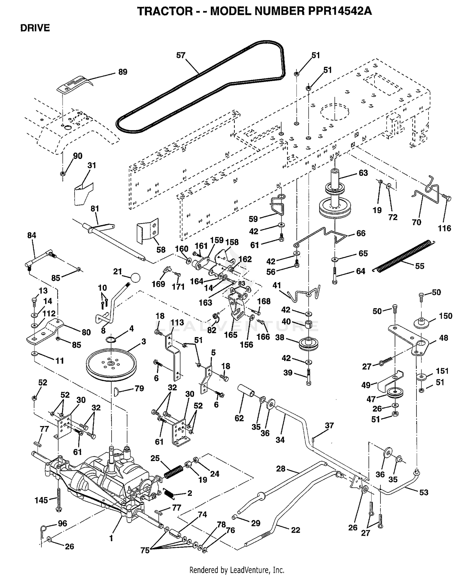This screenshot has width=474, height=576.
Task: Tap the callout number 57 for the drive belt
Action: (181, 56)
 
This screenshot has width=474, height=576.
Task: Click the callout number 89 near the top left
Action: (123, 72)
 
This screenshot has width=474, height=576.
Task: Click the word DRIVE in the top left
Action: (35, 28)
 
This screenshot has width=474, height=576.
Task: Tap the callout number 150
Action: (446, 316)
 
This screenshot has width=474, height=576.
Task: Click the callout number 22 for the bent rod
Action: (295, 530)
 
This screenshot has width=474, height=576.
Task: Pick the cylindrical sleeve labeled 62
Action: (246, 392)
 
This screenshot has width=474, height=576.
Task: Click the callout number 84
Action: (32, 235)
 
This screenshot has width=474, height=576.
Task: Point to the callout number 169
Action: (158, 284)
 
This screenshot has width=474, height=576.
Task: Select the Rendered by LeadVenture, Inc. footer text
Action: (237, 570)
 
